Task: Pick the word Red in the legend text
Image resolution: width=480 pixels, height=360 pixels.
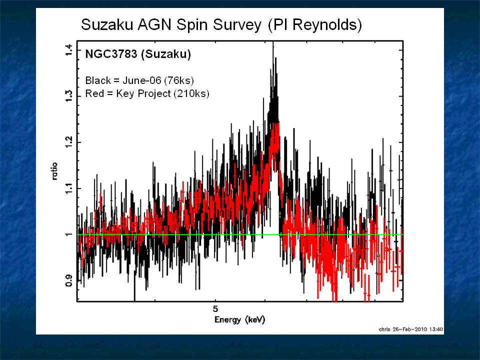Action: (x=94, y=93)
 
